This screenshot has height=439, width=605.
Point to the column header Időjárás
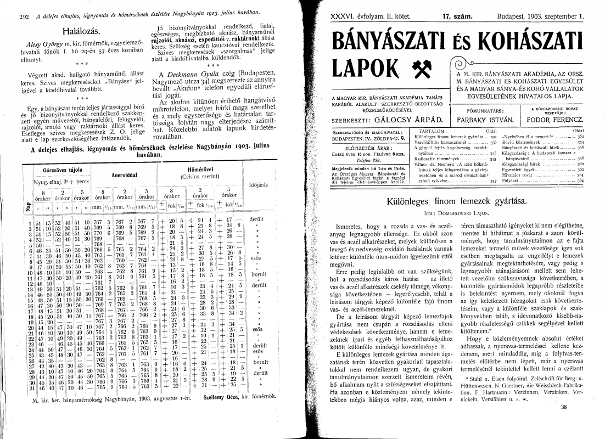click(258, 185)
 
